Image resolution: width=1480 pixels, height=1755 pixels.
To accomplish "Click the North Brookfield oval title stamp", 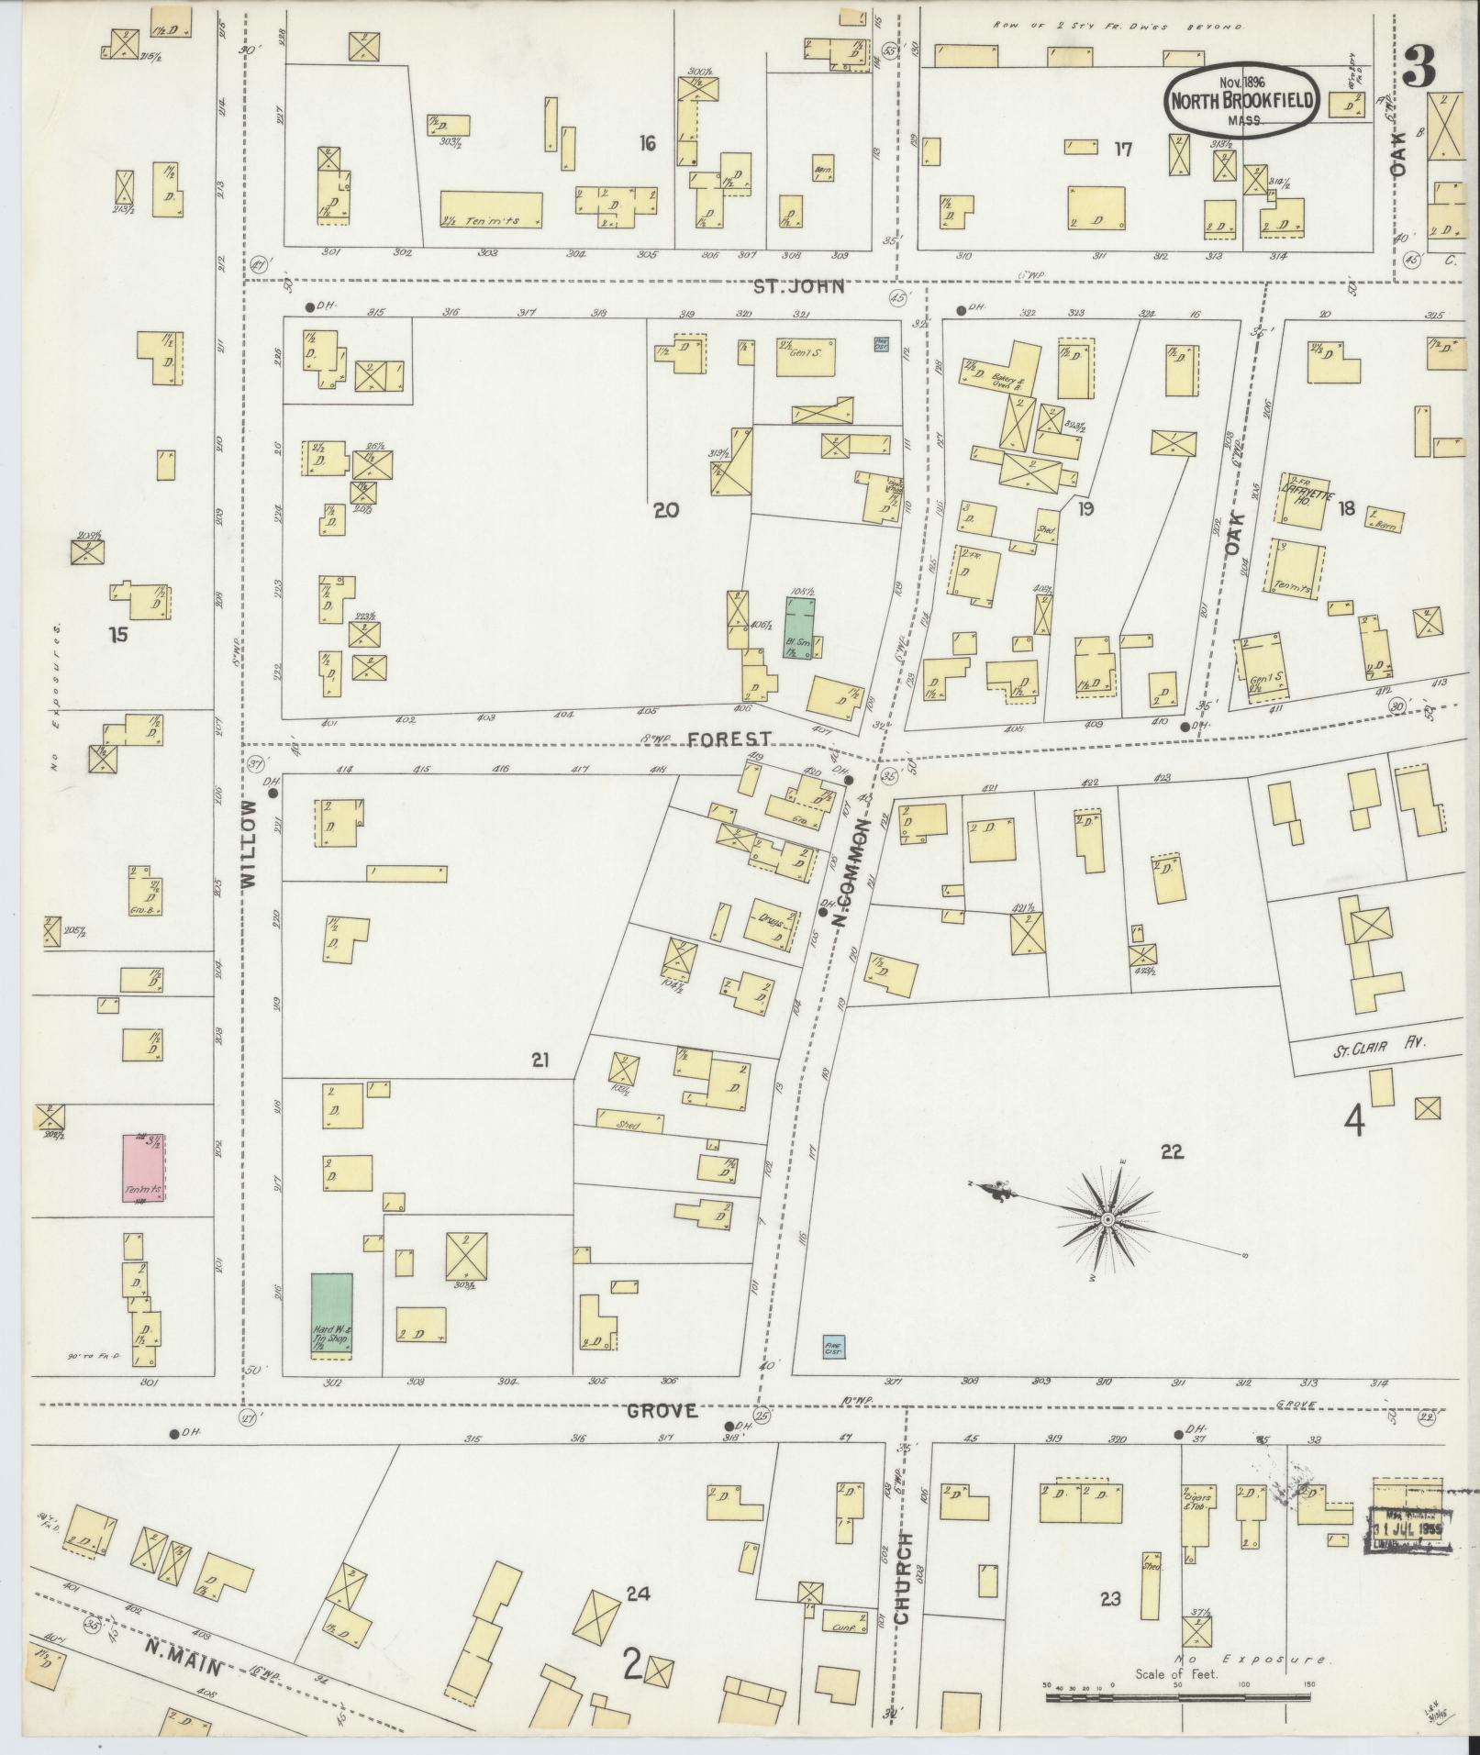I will point(1243,100).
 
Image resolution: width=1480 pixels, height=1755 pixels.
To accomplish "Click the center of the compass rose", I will point(1107,1219).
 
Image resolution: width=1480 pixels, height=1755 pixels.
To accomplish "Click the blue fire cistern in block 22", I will point(834,1347).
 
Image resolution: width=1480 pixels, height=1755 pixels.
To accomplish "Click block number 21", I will point(540,1061).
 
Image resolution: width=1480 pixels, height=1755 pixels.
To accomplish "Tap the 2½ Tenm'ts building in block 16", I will point(491,210).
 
